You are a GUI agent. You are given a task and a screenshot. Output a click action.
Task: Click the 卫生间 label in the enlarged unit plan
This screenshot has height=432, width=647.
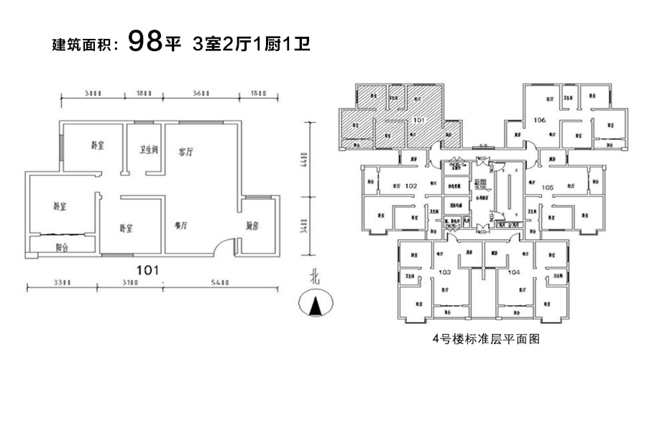point(148,150)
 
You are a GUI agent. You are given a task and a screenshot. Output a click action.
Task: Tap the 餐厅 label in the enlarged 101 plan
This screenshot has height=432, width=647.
point(180,225)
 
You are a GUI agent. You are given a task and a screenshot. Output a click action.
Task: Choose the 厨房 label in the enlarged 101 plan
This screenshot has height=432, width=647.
point(252,225)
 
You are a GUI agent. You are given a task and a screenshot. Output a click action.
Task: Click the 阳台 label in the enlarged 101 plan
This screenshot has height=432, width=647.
point(63,247)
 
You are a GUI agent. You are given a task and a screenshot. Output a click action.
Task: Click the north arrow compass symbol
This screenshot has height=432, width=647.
point(313,304)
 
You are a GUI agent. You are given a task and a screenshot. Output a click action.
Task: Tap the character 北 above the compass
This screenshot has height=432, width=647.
point(313,276)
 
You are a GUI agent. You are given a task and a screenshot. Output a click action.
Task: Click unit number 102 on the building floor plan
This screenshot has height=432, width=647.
point(411,186)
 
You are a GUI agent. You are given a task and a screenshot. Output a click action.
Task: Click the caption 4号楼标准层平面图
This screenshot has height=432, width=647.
point(485,340)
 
